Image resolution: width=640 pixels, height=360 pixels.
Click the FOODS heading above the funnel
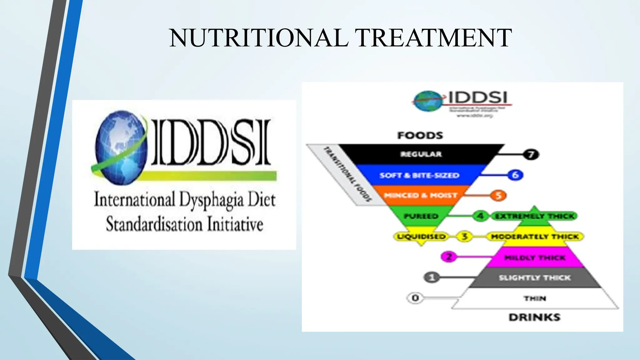coord(420,135)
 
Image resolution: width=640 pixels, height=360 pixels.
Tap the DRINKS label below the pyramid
coord(534,317)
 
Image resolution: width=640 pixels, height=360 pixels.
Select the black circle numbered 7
coord(531,154)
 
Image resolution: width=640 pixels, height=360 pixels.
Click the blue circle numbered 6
coord(515,175)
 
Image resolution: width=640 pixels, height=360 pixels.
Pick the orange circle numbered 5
coord(498,196)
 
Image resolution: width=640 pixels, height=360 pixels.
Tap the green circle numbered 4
coord(480,216)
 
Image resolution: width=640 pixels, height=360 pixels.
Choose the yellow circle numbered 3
coord(464,236)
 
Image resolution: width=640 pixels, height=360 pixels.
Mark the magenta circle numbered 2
coord(449,257)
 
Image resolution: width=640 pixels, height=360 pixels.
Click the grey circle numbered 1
coord(432,277)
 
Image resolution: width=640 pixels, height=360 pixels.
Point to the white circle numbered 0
coord(415,298)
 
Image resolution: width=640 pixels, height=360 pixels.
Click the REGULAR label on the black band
coord(421,154)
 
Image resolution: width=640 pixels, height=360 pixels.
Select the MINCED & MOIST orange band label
coord(420,195)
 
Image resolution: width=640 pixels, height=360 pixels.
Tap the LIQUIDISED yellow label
coord(421,237)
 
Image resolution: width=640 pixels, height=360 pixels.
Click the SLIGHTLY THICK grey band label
coord(534,278)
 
